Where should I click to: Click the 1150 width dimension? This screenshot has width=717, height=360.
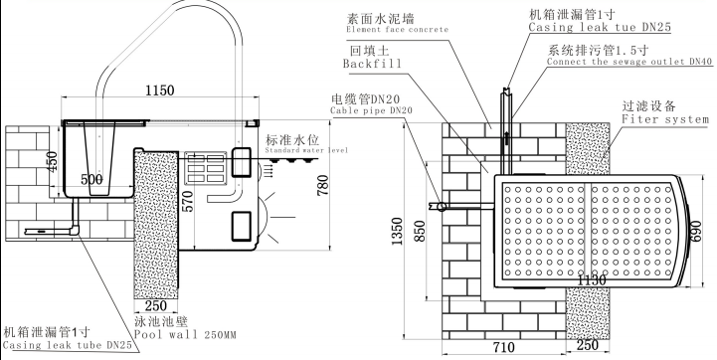159,90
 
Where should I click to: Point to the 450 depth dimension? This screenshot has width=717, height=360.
52,161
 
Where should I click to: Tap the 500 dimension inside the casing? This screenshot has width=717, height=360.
91,180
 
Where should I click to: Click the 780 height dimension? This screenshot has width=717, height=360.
322,185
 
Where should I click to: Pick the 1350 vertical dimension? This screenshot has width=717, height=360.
397,231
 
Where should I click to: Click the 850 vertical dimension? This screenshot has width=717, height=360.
420,232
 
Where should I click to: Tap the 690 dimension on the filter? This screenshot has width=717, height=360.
695,233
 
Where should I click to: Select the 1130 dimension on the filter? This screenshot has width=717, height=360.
592,279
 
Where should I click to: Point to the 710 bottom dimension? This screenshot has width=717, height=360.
503,348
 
